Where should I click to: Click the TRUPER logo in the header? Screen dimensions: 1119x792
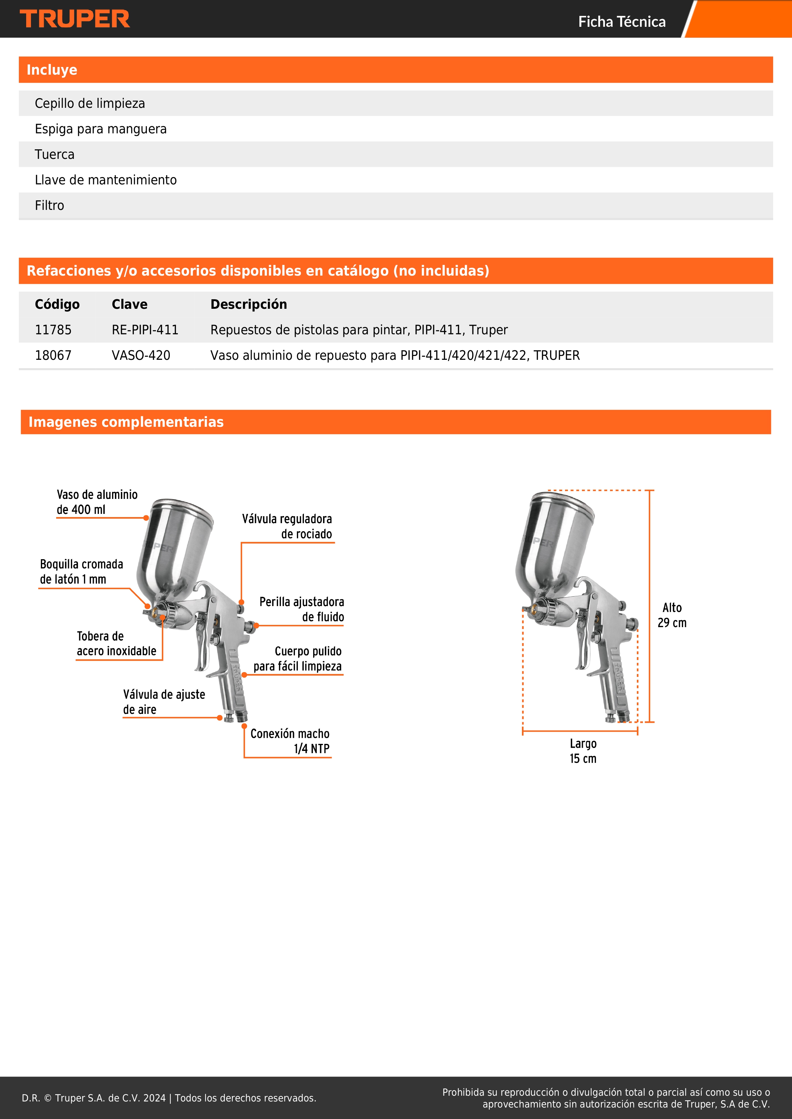[x=75, y=19]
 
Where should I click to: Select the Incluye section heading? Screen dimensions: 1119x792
[x=52, y=70]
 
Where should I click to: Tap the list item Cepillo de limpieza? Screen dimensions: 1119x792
[x=90, y=103]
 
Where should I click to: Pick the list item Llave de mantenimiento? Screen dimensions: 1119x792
[x=105, y=180]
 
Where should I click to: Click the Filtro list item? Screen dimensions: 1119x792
[x=49, y=205]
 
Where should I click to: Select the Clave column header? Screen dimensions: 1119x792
[x=129, y=304]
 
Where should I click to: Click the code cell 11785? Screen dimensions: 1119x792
[x=53, y=330]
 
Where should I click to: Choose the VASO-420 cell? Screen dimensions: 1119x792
[x=141, y=355]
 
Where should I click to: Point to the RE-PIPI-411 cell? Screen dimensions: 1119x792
[x=145, y=330]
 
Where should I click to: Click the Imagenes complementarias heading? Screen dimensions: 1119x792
[x=126, y=422]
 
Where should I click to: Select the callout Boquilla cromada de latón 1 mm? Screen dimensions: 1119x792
[x=81, y=572]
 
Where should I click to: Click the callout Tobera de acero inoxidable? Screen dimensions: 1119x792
[x=116, y=643]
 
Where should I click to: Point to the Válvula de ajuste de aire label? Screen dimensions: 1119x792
[x=164, y=702]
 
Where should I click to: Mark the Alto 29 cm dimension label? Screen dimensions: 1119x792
[x=672, y=615]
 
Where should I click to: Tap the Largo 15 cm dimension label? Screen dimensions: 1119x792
[x=583, y=751]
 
